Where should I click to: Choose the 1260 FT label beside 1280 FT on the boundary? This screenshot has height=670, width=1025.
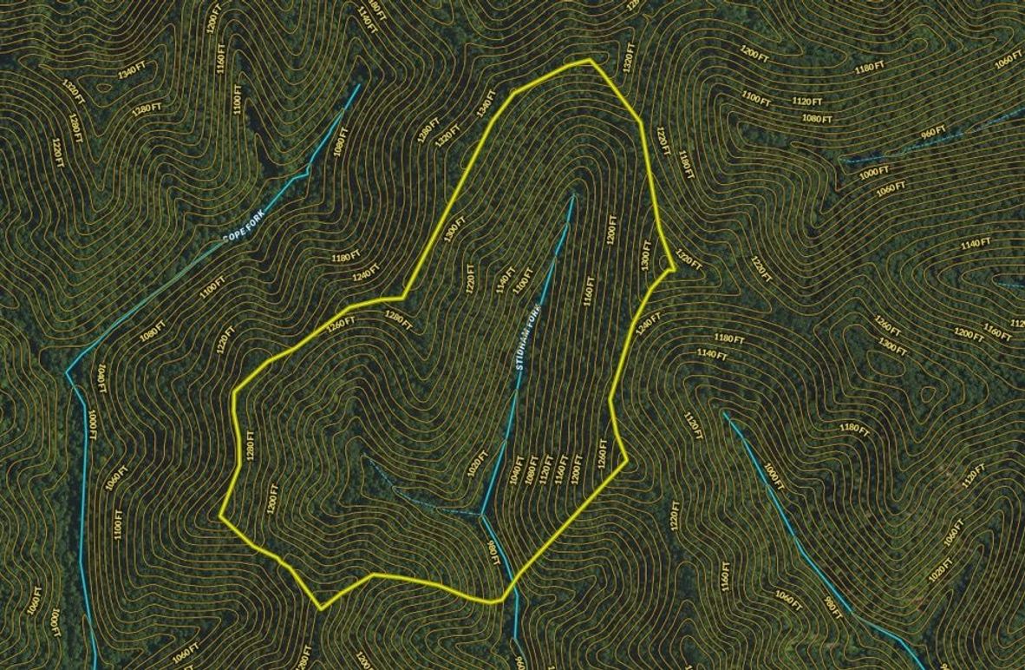[342, 325]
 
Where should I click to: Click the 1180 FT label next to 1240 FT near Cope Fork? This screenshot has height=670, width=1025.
[344, 258]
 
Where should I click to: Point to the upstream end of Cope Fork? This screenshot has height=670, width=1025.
[358, 85]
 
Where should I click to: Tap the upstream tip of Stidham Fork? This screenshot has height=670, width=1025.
[573, 196]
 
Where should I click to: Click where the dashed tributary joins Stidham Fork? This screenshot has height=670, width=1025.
[480, 515]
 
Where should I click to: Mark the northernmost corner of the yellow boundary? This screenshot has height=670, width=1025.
[591, 60]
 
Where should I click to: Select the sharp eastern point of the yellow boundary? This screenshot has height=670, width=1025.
[675, 269]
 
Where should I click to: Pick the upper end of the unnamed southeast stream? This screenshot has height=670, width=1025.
[725, 413]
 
